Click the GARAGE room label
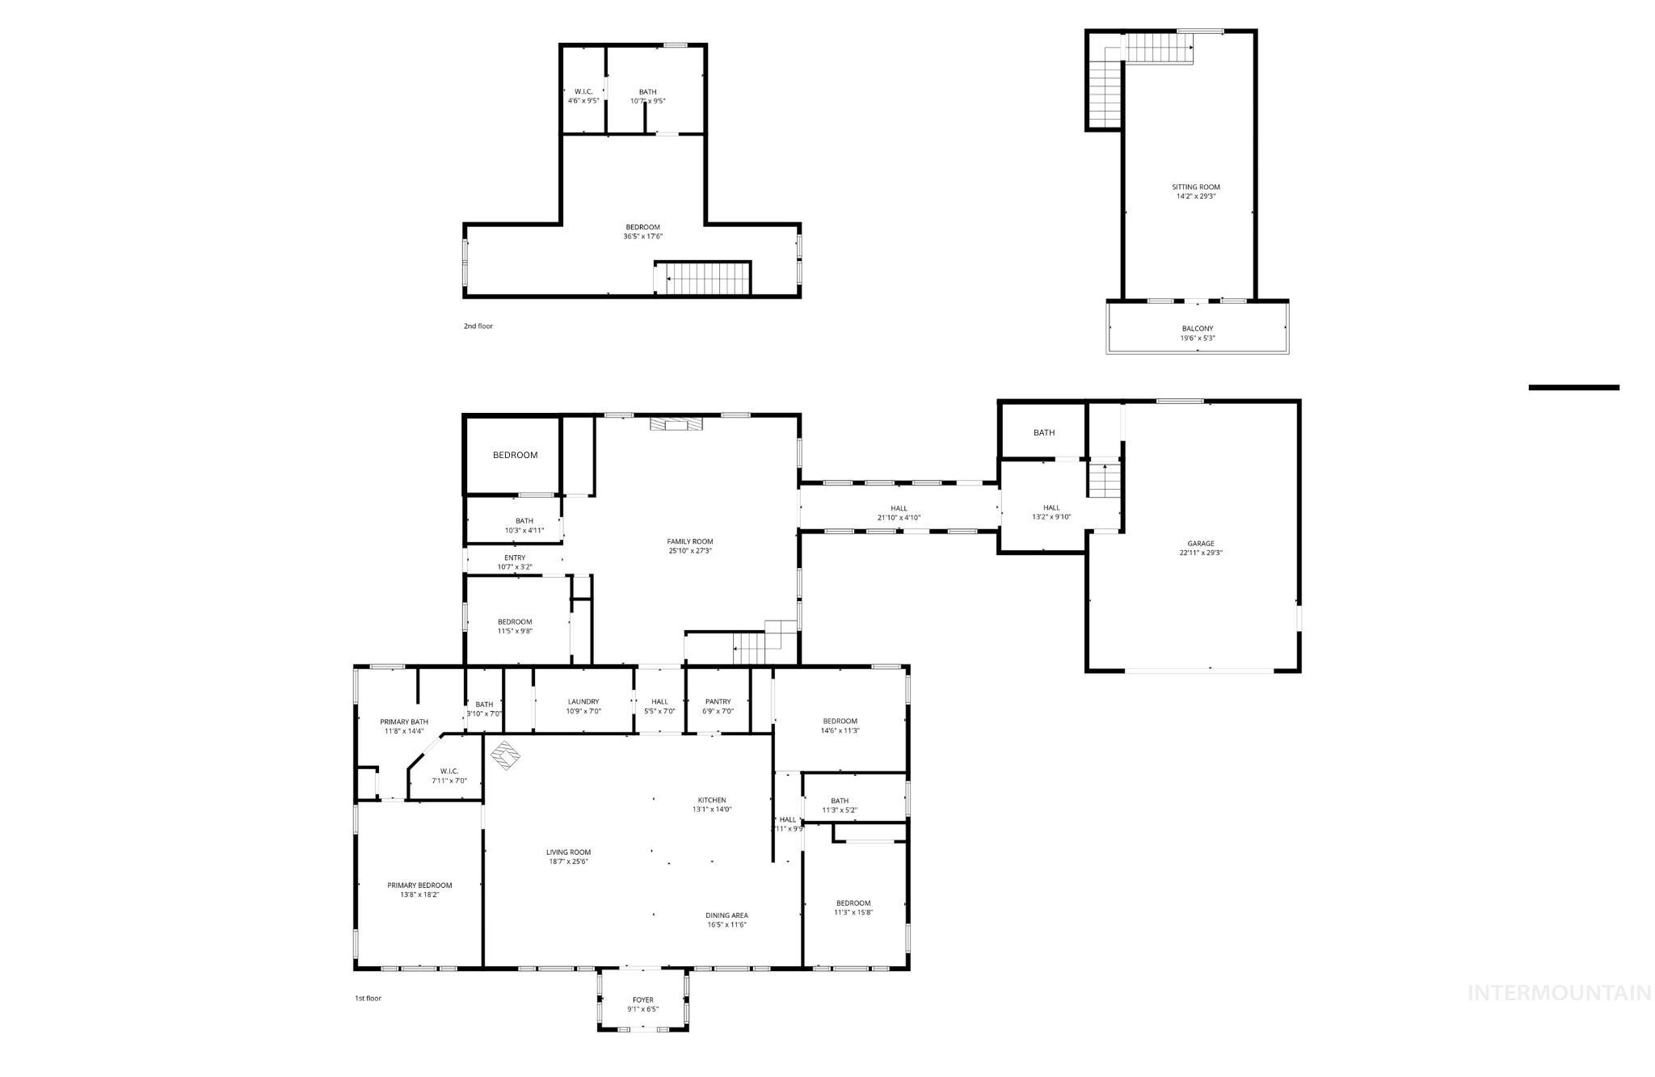tap(1200, 544)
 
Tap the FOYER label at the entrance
tap(642, 1000)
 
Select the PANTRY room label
tap(718, 701)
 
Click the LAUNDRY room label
tap(583, 701)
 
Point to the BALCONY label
tap(1197, 329)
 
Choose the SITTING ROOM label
tap(1196, 187)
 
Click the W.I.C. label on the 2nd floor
tap(583, 91)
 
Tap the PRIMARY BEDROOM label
tap(419, 885)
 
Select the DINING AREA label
tap(727, 915)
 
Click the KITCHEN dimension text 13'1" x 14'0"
tap(712, 809)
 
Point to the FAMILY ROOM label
tap(690, 541)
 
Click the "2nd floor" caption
tap(478, 326)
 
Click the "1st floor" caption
tap(368, 998)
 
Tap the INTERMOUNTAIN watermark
tap(1559, 992)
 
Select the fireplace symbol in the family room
tap(676, 424)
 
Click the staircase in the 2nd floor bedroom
tap(703, 279)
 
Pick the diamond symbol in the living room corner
tap(506, 755)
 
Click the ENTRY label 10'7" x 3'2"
tap(515, 557)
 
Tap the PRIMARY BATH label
tap(404, 722)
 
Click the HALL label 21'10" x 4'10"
tap(899, 508)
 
